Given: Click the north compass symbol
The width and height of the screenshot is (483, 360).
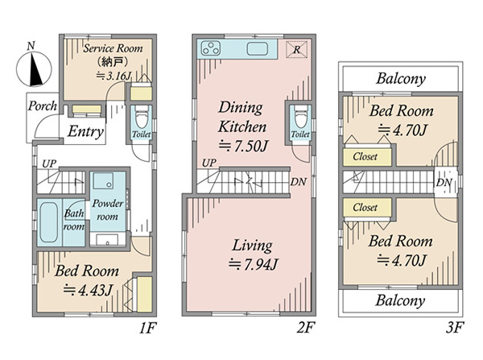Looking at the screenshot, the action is click(34, 68).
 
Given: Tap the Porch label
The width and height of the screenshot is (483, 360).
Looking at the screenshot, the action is click(43, 106).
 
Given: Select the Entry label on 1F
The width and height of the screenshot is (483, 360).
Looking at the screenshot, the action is click(85, 131).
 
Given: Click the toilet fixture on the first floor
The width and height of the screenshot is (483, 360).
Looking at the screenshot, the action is click(141, 117).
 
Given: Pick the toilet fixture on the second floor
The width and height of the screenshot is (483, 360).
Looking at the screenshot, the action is click(300, 117).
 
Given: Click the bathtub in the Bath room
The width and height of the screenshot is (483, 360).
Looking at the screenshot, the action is click(48, 222).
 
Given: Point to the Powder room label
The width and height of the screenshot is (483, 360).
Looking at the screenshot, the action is click(108, 210).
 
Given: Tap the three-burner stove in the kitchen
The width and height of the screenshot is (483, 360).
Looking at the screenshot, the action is click(211, 48).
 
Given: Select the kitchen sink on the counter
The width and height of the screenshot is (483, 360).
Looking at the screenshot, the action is click(257, 48).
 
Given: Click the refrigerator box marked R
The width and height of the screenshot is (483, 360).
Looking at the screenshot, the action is click(296, 49).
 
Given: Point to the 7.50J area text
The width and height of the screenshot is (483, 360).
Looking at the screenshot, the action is click(243, 146).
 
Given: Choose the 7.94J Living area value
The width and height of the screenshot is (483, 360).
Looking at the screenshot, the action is click(254, 264).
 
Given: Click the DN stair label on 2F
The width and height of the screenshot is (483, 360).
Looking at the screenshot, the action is click(298, 182).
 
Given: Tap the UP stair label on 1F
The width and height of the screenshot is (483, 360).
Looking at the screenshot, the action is click(49, 163).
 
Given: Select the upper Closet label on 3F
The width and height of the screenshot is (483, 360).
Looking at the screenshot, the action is click(365, 156).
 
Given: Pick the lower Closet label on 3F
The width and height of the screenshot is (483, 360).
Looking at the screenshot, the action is click(365, 207).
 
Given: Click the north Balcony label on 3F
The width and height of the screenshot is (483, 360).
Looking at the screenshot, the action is click(401, 78).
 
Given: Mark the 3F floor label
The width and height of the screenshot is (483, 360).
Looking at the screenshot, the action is click(455, 328).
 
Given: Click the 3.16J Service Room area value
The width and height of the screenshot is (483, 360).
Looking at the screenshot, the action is click(114, 76).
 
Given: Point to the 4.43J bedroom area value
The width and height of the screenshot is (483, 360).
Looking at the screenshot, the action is click(88, 290).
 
